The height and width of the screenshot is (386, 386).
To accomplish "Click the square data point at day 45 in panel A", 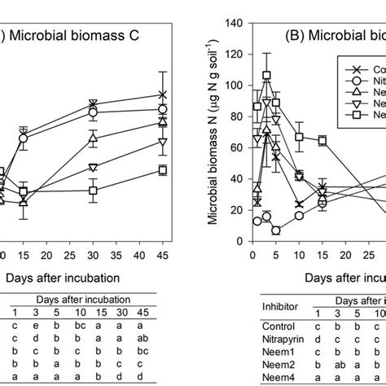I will [x=162, y=170].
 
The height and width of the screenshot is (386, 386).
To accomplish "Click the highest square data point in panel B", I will [x=266, y=76].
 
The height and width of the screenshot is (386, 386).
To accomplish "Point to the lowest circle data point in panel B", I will [x=276, y=230].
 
